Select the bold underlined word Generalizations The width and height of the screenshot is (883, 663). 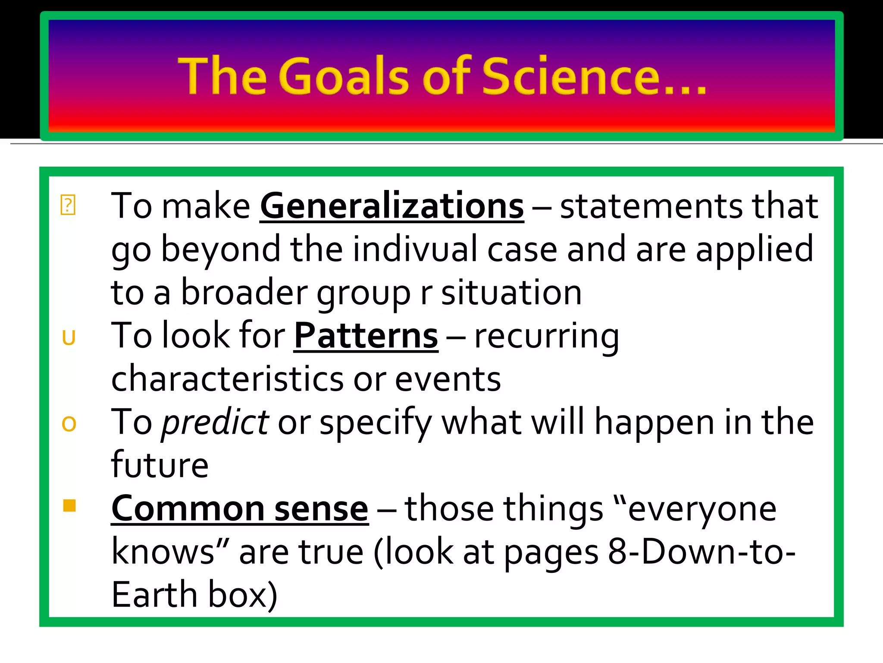click(x=392, y=206)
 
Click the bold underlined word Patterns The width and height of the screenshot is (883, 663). click(x=366, y=336)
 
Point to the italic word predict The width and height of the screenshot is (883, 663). click(x=215, y=423)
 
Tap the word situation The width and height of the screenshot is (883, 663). click(x=511, y=293)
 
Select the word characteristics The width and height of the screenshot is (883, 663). click(x=227, y=379)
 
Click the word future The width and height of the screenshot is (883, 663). click(x=160, y=465)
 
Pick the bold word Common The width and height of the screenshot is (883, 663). click(x=188, y=509)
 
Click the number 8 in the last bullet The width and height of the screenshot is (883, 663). click(x=617, y=552)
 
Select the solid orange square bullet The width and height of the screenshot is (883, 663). click(x=69, y=505)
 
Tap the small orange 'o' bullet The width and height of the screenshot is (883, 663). click(x=69, y=424)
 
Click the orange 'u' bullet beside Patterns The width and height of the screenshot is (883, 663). click(x=69, y=338)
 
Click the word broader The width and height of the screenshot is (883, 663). click(x=244, y=293)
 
